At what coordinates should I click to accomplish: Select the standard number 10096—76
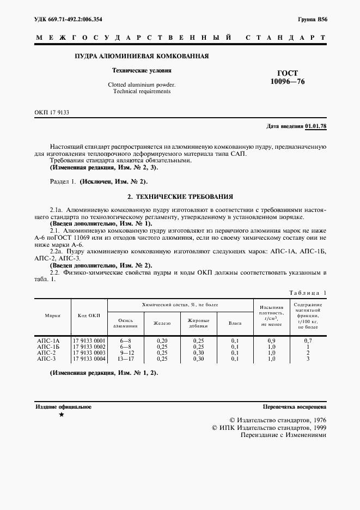point(288,82)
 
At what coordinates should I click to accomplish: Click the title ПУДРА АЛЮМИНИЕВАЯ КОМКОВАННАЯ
point(142,56)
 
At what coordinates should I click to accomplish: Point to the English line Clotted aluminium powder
point(142,85)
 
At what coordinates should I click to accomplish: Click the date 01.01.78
point(315,126)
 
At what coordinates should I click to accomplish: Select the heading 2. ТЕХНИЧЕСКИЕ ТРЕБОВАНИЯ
point(180,196)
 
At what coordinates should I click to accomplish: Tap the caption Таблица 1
point(307,293)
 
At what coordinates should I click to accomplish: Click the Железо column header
point(162,323)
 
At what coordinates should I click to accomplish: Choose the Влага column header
point(235,323)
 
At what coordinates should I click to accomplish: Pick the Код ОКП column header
point(89,315)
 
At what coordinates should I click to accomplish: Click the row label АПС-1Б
point(48,347)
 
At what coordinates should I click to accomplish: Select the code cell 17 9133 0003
point(89,353)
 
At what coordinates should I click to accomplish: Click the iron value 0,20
point(162,341)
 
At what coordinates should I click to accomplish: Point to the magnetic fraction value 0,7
point(308,341)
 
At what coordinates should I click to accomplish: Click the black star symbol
point(61,415)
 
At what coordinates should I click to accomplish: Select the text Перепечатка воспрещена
point(294,406)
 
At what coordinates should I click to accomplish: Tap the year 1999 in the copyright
point(314,428)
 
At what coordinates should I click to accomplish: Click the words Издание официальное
point(63,406)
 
